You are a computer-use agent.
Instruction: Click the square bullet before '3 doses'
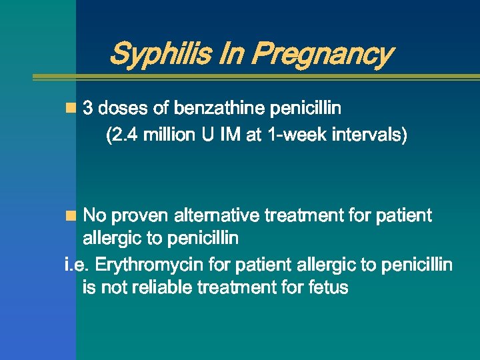click(x=71, y=107)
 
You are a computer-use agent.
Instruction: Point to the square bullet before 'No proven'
click(x=71, y=215)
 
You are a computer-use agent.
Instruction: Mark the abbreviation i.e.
click(x=77, y=265)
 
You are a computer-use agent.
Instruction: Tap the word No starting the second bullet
click(x=94, y=216)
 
